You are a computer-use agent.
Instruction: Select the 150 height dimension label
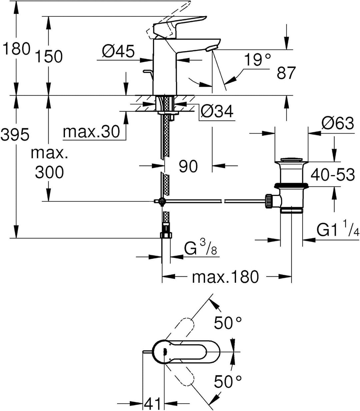pyautogui.click(x=49, y=56)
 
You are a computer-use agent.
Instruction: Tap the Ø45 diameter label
pyautogui.click(x=118, y=51)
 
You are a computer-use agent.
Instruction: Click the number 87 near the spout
pyautogui.click(x=286, y=73)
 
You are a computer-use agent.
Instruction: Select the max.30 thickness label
pyautogui.click(x=91, y=132)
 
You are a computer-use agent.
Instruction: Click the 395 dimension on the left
pyautogui.click(x=15, y=135)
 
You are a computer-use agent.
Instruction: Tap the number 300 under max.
pyautogui.click(x=49, y=173)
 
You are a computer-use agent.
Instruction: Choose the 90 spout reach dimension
pyautogui.click(x=188, y=166)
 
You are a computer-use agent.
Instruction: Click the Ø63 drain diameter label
pyautogui.click(x=337, y=124)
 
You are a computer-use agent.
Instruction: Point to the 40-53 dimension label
pyautogui.click(x=333, y=174)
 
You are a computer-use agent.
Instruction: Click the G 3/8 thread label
pyautogui.click(x=200, y=249)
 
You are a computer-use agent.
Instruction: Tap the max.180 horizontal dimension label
pyautogui.click(x=225, y=276)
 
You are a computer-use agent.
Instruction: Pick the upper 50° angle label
pyautogui.click(x=228, y=322)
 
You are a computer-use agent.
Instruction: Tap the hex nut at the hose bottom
pyautogui.click(x=166, y=235)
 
